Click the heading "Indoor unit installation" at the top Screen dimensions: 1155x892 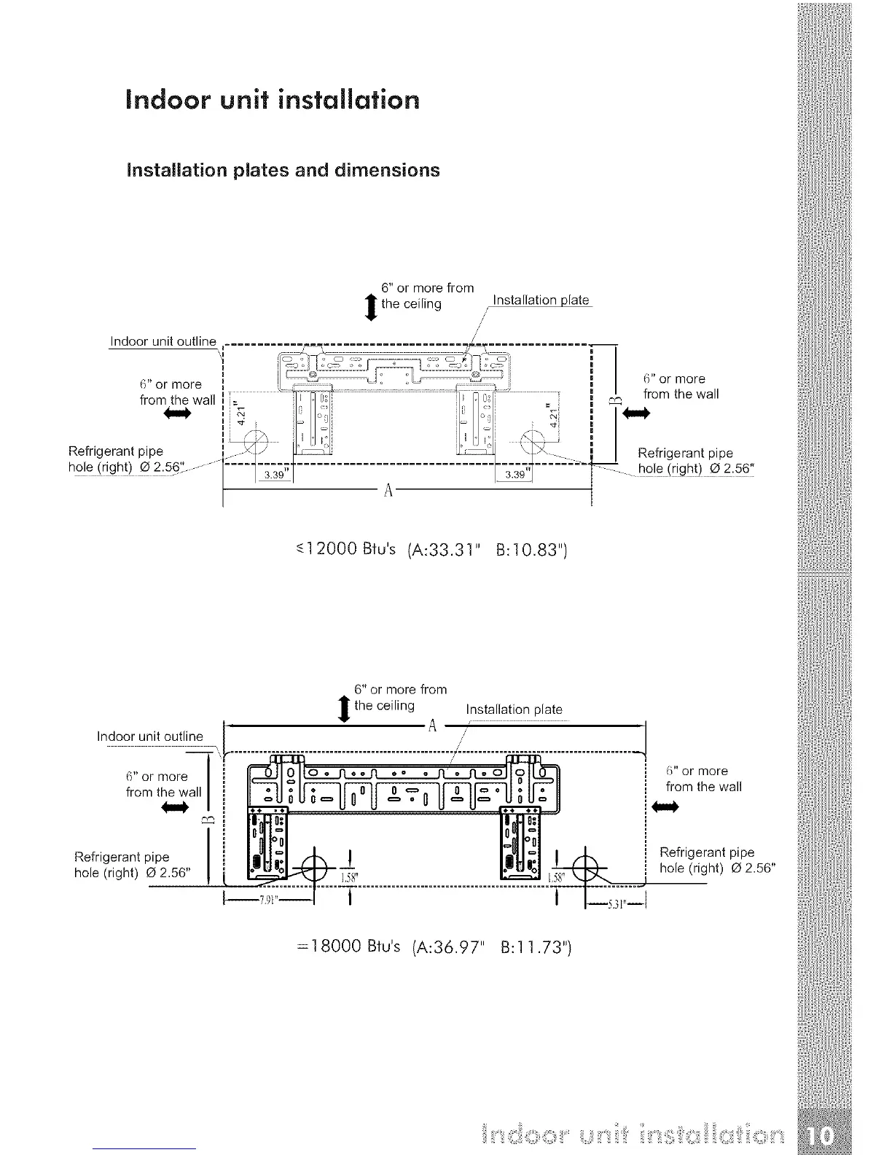[x=273, y=99]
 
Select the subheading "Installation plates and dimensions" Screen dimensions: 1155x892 [x=283, y=170]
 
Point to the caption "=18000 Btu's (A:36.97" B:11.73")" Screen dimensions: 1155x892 [x=429, y=948]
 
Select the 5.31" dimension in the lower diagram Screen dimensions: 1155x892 [x=616, y=905]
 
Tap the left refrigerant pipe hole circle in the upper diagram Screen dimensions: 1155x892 [x=256, y=442]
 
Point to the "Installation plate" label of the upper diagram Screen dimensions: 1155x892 [x=541, y=300]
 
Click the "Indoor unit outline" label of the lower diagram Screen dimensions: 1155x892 [x=150, y=736]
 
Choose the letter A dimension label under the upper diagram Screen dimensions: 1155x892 [x=388, y=489]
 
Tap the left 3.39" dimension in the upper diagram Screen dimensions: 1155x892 [x=274, y=475]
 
